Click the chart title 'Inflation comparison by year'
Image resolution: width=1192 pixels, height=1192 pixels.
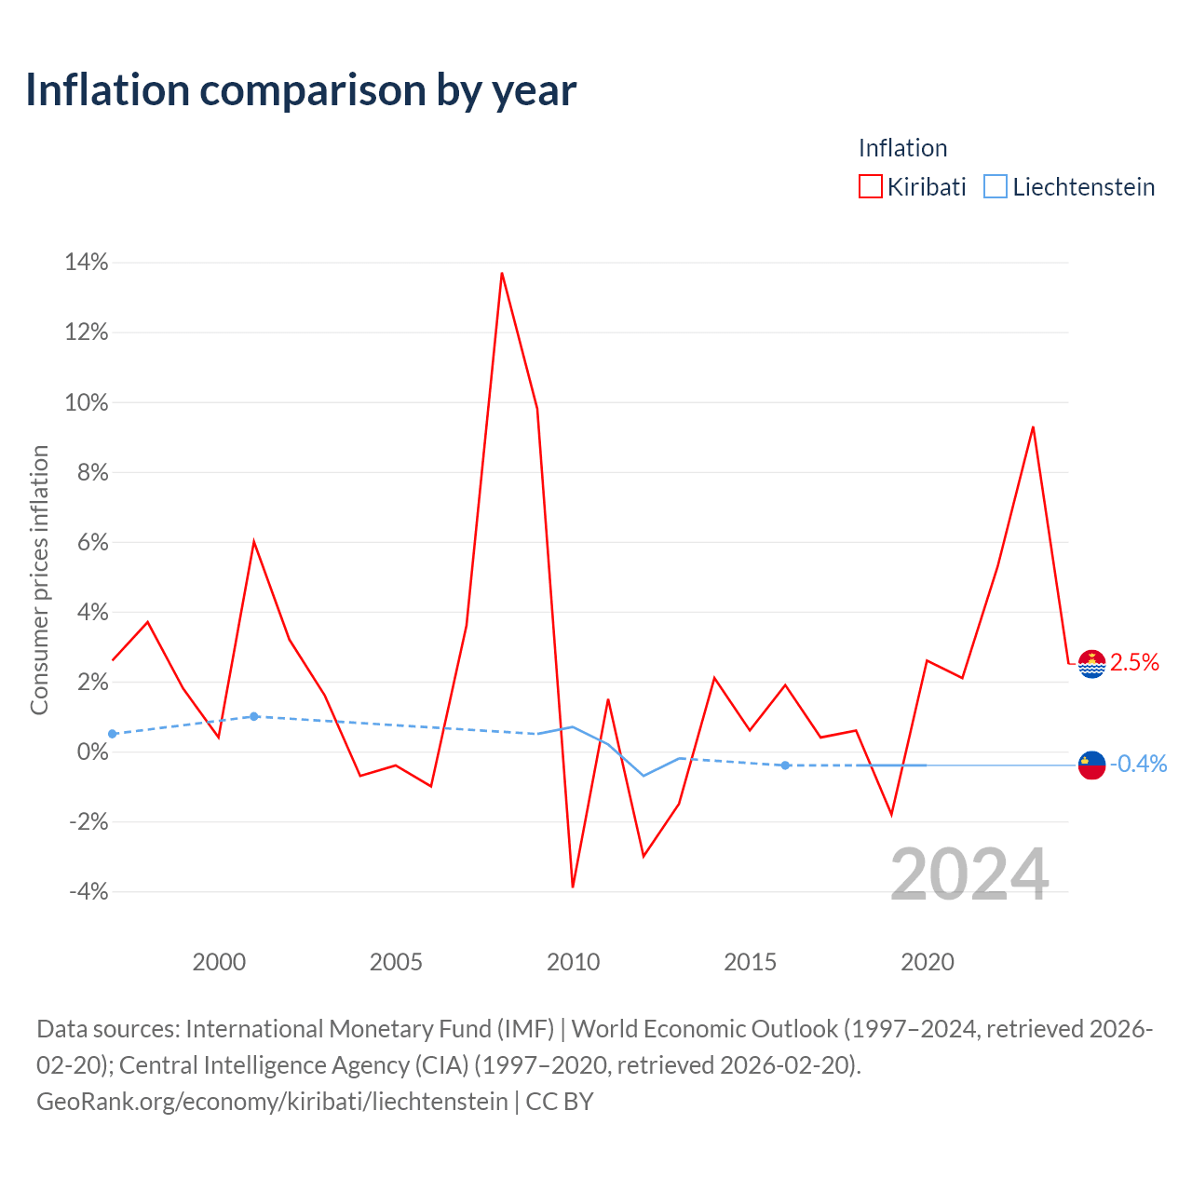tap(301, 91)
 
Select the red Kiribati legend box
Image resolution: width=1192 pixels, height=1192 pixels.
tap(870, 186)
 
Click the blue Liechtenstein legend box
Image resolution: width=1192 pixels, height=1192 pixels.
tap(995, 186)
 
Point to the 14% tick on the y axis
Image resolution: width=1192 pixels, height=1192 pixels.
tap(87, 263)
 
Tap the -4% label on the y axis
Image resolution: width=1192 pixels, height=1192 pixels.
tap(88, 891)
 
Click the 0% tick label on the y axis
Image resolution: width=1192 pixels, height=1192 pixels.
tap(93, 752)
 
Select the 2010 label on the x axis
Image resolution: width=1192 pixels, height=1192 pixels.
tap(573, 962)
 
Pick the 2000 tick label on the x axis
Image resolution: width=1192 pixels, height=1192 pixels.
tap(219, 962)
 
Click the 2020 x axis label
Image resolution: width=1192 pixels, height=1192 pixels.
tap(928, 962)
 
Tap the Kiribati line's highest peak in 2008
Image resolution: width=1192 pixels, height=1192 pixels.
tap(502, 273)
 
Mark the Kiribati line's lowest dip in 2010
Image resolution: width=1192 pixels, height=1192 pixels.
tap(573, 887)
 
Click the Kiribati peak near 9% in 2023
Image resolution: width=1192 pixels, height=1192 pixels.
tap(1033, 427)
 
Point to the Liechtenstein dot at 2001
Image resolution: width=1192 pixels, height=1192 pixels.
tap(253, 716)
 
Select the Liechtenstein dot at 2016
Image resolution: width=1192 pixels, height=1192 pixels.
tap(785, 765)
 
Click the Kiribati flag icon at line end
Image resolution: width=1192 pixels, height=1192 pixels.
tap(1091, 664)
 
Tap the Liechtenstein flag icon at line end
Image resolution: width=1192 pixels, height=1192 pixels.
tap(1091, 765)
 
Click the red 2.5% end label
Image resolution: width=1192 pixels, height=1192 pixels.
tap(1134, 662)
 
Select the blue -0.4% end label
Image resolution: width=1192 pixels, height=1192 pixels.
tap(1138, 764)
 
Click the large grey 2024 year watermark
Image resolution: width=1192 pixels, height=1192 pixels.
tap(969, 874)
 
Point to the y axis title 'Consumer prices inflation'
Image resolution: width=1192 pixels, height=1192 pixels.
tap(39, 579)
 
